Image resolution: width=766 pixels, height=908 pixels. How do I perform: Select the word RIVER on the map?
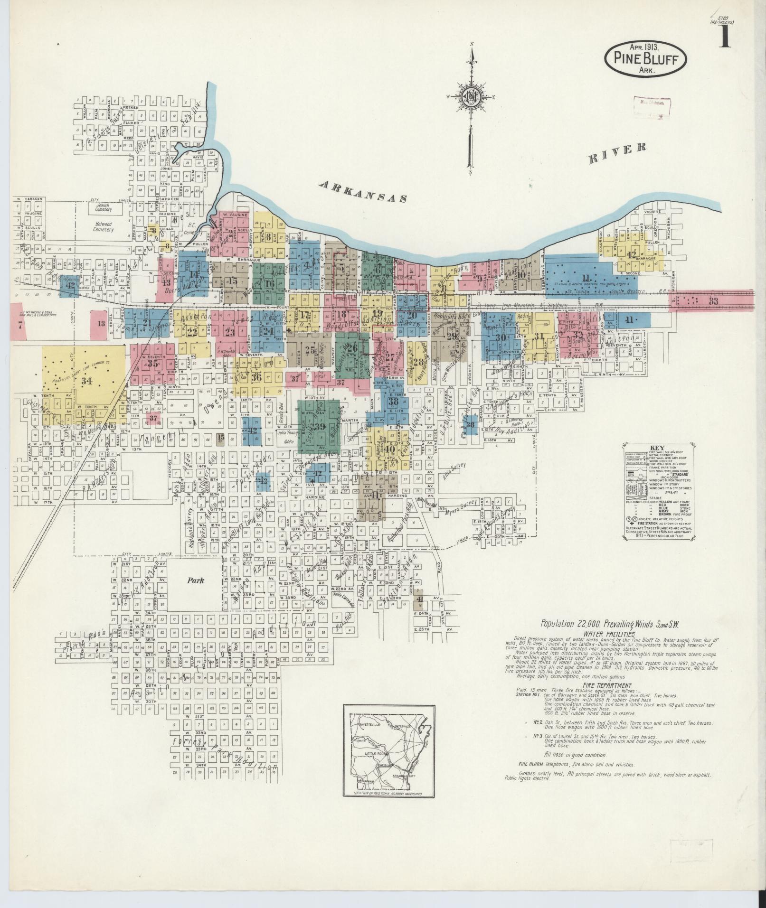tap(617, 153)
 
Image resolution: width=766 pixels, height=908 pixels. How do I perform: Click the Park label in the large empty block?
tap(195, 580)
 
